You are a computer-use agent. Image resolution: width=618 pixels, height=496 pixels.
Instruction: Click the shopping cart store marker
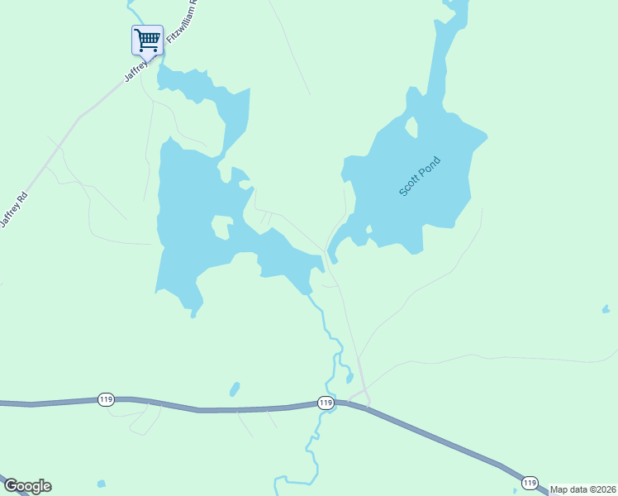coord(147,39)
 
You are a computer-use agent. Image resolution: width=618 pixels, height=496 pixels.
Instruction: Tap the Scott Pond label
coord(420,176)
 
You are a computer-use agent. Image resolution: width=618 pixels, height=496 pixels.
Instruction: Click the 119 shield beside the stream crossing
coord(326,403)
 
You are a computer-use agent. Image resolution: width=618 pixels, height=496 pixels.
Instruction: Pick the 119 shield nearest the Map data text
coord(530,483)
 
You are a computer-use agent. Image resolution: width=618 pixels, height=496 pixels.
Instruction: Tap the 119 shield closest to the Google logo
coord(105,399)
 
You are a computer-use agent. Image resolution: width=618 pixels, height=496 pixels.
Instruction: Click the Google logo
coord(27,486)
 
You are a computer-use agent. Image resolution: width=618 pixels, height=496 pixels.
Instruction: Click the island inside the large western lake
coord(221,227)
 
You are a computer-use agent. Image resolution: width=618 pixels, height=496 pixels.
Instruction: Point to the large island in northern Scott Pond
coord(411,127)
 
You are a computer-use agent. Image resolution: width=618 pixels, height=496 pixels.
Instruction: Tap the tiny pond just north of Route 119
coord(235,389)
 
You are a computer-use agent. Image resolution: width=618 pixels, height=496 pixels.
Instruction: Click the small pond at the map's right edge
coord(606,309)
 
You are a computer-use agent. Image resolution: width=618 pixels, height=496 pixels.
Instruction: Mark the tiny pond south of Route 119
coord(101,484)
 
